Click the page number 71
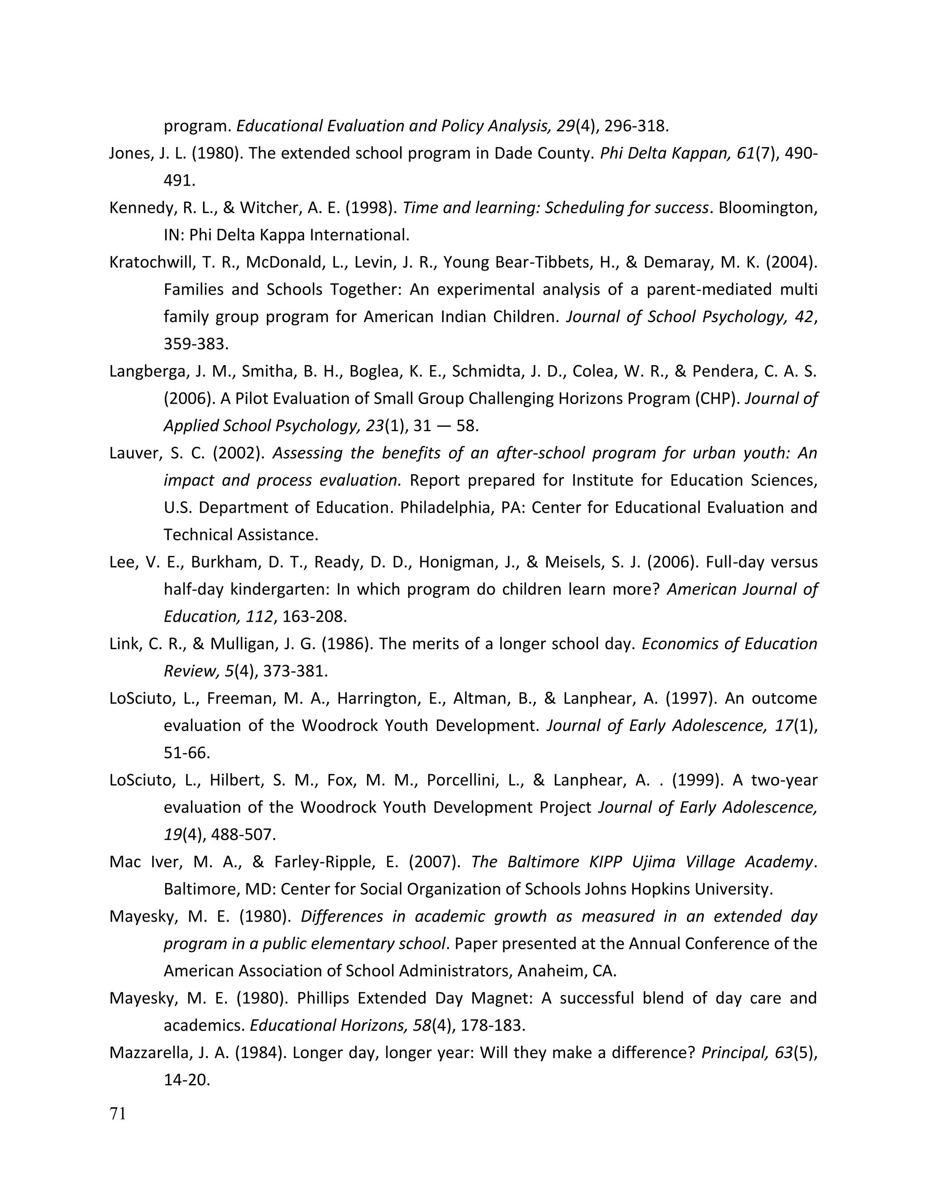pos(118,1114)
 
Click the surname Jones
pos(129,154)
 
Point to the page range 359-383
pos(195,344)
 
